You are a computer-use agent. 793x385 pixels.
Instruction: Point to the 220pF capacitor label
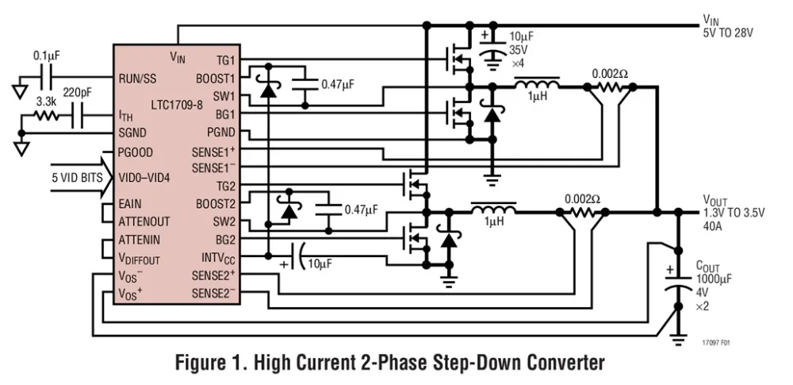point(78,92)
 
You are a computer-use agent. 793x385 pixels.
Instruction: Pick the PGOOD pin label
point(136,152)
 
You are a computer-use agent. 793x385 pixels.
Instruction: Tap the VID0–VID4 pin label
point(144,177)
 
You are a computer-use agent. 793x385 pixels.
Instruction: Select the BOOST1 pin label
point(215,79)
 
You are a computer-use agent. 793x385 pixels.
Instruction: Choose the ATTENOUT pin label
point(145,221)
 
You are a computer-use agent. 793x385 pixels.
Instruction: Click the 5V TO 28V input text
point(727,34)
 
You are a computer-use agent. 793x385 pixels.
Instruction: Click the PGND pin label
point(220,133)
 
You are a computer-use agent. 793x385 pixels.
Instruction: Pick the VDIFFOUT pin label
point(138,259)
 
